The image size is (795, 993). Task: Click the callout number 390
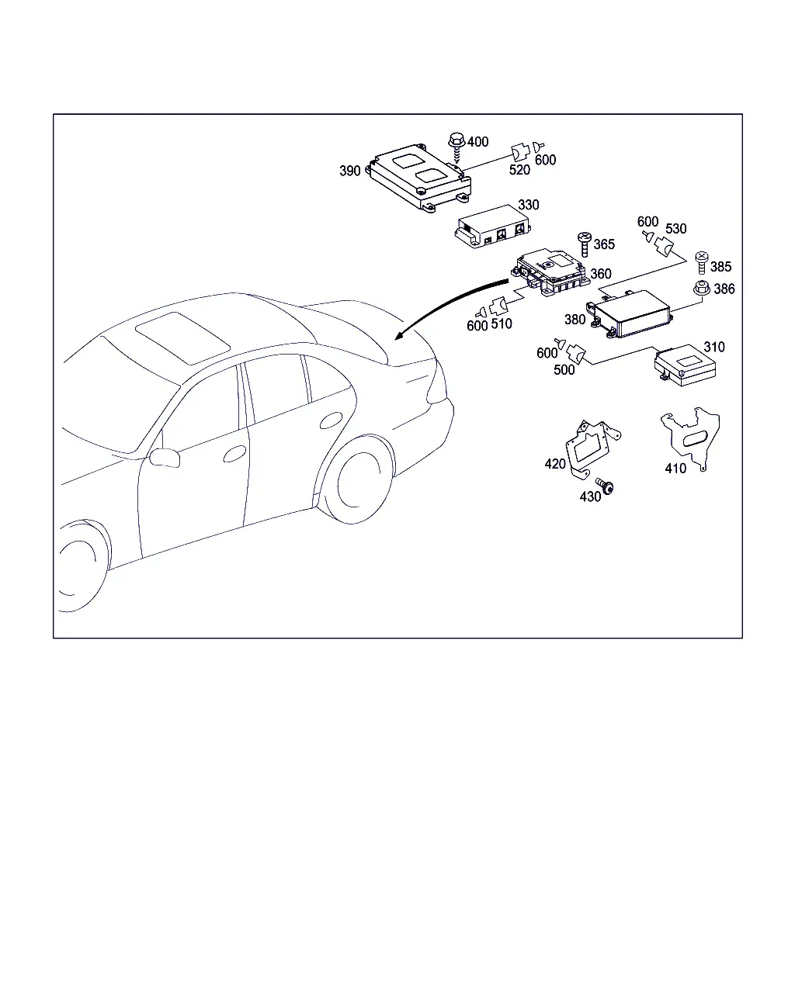349,171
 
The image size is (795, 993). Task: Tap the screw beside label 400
457,147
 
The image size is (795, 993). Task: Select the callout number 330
529,204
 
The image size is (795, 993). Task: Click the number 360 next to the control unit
601,274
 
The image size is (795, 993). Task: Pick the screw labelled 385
701,262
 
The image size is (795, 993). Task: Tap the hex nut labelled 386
702,289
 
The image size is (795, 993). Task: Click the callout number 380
575,320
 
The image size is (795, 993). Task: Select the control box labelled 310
685,365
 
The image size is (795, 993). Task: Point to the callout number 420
555,464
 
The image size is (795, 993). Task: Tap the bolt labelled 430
605,486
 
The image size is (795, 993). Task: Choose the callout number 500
564,369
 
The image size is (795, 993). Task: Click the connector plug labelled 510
499,306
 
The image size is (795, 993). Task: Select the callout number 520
519,170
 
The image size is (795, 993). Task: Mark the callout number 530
675,228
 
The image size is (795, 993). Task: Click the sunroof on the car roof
183,337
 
